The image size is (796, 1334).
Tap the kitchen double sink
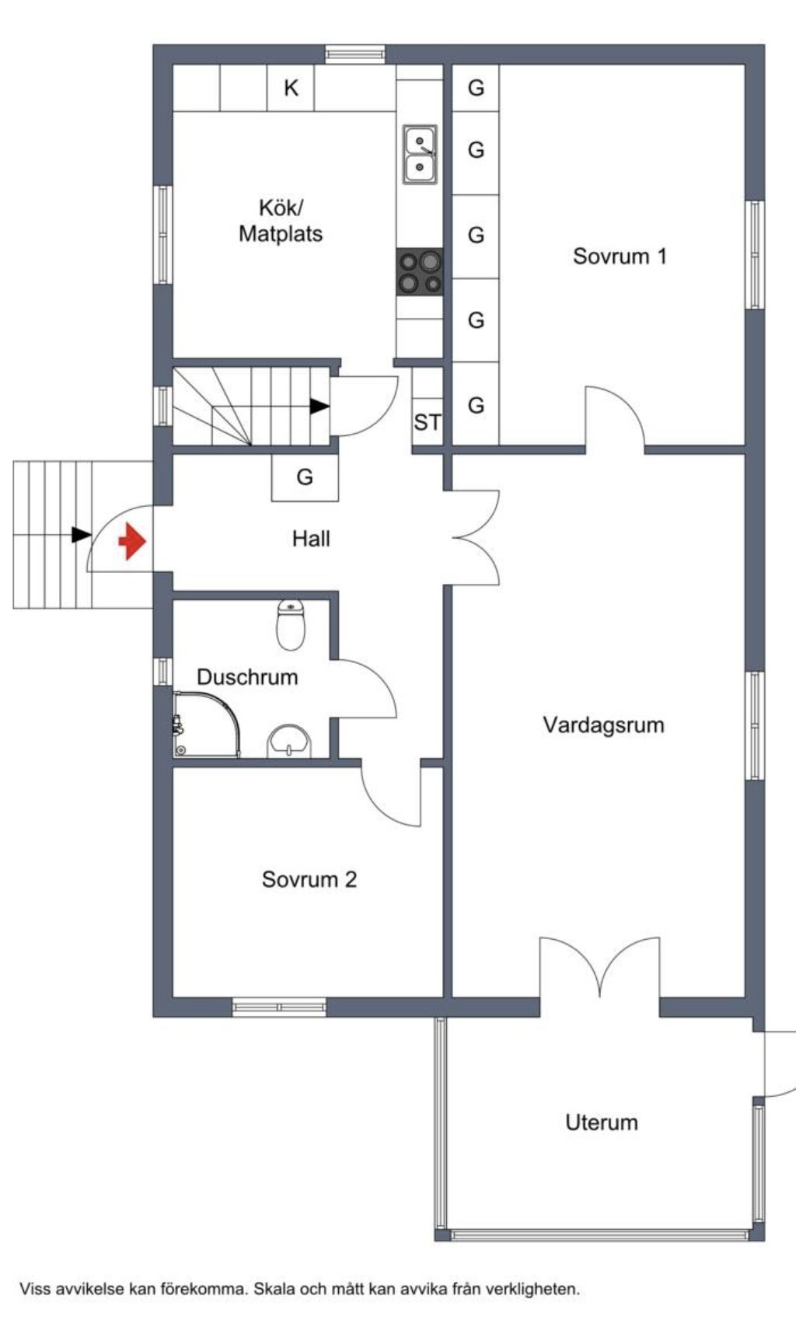pyautogui.click(x=420, y=155)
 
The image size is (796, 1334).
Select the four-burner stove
pyautogui.click(x=420, y=272)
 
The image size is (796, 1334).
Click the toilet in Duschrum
pyautogui.click(x=291, y=624)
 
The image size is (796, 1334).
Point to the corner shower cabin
pyautogui.click(x=206, y=724)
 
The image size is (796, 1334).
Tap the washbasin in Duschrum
pyautogui.click(x=289, y=741)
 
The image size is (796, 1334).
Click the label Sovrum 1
pyautogui.click(x=620, y=256)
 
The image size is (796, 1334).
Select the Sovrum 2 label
pyautogui.click(x=309, y=879)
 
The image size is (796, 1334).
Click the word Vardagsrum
pyautogui.click(x=603, y=725)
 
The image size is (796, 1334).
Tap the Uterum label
pyautogui.click(x=602, y=1123)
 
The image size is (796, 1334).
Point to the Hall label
pyautogui.click(x=311, y=538)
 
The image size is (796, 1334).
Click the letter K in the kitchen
pyautogui.click(x=291, y=88)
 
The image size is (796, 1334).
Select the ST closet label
pyautogui.click(x=428, y=422)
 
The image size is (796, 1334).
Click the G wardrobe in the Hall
pyautogui.click(x=305, y=477)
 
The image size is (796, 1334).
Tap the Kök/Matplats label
pyautogui.click(x=281, y=221)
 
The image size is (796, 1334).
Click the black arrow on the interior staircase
pyautogui.click(x=319, y=406)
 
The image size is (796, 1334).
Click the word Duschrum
pyautogui.click(x=247, y=677)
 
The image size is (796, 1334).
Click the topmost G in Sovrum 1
pyautogui.click(x=476, y=88)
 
